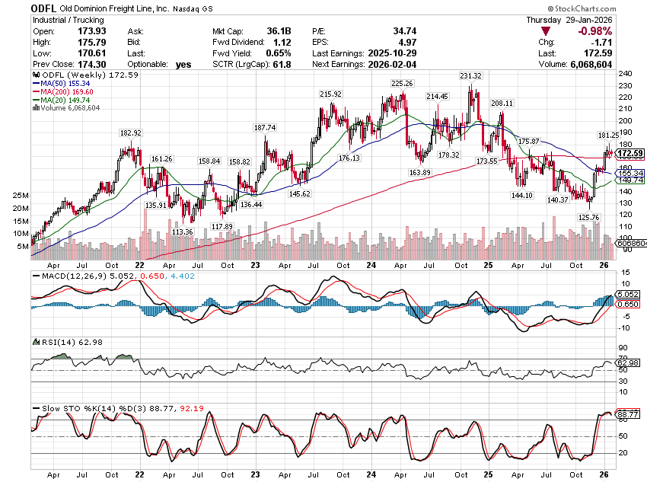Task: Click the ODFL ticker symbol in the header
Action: [45, 8]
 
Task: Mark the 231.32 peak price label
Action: [470, 76]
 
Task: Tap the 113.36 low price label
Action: [183, 231]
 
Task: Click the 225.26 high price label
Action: [401, 83]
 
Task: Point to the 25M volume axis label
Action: [21, 196]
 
